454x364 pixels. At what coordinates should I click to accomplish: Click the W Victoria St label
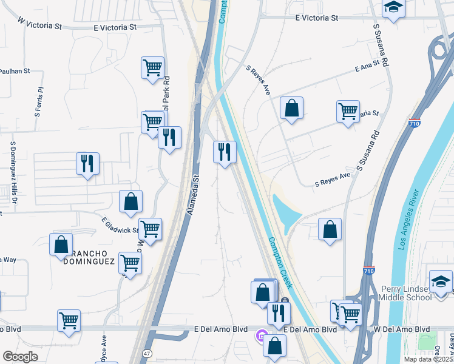click(x=40, y=24)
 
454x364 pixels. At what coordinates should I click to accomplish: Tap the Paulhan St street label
click(x=15, y=71)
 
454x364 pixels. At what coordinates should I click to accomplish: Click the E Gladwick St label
click(x=120, y=226)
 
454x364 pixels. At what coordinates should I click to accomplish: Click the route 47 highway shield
click(x=147, y=353)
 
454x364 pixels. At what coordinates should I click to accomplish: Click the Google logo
click(x=20, y=357)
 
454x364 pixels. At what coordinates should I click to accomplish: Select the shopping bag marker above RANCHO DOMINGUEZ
click(x=61, y=244)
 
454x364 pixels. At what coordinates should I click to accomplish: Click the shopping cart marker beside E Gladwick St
click(x=150, y=229)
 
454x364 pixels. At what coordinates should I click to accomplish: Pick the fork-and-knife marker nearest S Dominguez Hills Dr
click(x=87, y=163)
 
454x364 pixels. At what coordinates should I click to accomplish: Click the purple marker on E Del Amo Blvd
click(x=262, y=335)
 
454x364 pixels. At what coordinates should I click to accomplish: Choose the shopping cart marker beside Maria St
click(x=348, y=111)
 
